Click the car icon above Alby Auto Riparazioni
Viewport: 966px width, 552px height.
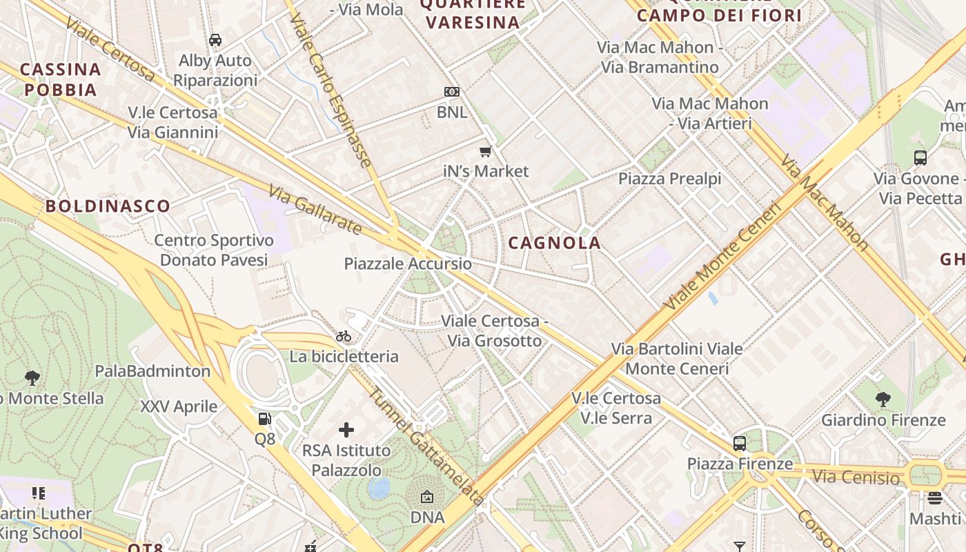coord(215,40)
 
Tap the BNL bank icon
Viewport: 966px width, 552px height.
coord(452,92)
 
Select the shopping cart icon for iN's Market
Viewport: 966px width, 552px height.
coord(486,151)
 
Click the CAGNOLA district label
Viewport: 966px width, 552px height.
coord(555,243)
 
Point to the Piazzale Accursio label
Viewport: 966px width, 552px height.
coord(408,264)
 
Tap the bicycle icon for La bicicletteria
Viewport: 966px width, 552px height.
coord(344,337)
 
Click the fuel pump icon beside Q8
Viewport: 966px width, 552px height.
coord(264,418)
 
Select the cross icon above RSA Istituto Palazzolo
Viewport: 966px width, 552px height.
coord(346,431)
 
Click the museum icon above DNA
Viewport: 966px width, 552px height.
coord(427,497)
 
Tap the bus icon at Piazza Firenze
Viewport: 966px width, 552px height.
coord(739,443)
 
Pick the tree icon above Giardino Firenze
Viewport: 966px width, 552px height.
coord(883,399)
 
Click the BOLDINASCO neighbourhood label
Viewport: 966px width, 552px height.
coord(108,206)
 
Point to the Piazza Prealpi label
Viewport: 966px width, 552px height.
coord(669,179)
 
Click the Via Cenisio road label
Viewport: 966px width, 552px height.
coord(856,477)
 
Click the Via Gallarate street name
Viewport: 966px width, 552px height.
coord(315,209)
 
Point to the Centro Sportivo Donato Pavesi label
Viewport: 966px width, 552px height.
coord(214,250)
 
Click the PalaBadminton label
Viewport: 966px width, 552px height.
coord(152,371)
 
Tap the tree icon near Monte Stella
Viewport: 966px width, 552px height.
coord(32,377)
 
